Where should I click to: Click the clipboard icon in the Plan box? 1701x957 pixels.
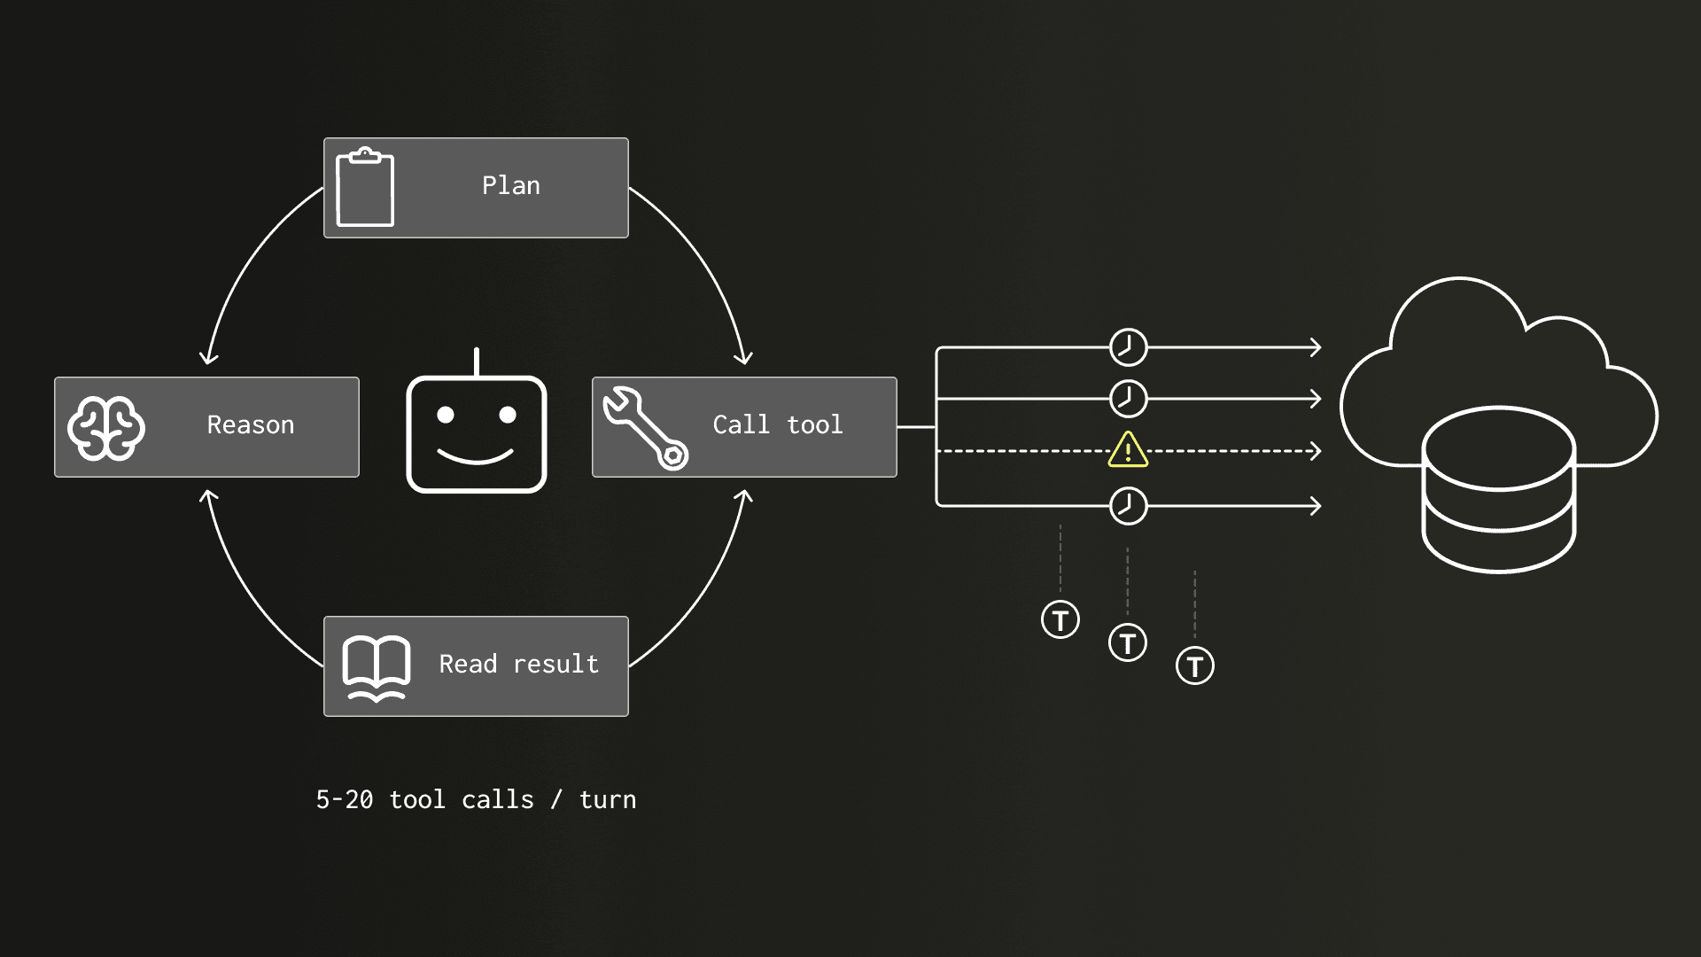click(365, 187)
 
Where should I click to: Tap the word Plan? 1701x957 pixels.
click(511, 185)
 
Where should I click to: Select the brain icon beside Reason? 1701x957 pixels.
click(106, 428)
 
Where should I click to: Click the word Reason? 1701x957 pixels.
click(251, 425)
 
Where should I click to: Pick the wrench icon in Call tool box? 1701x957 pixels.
click(645, 428)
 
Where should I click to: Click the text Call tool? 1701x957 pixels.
click(778, 424)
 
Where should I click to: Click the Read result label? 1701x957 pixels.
click(519, 664)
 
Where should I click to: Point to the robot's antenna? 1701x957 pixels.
click(477, 362)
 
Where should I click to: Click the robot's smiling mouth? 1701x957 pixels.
click(476, 457)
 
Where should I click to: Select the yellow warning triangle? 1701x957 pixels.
click(1128, 449)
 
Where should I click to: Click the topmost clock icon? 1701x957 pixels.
click(1129, 347)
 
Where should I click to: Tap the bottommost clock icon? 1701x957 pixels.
click(1129, 506)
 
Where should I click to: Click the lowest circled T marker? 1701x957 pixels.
click(1195, 665)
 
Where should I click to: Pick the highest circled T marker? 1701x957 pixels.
click(1060, 619)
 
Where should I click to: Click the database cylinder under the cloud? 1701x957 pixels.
click(1498, 489)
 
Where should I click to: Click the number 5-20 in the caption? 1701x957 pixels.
click(345, 799)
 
